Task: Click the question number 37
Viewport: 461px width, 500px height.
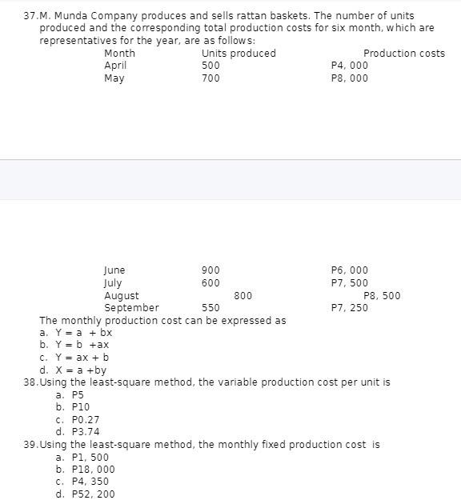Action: (x=32, y=16)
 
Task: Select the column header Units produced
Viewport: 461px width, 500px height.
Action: (x=239, y=54)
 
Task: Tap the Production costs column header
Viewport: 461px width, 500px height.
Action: (x=404, y=54)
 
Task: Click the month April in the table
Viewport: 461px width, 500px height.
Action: (x=115, y=66)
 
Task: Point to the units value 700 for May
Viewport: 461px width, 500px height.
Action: (x=210, y=78)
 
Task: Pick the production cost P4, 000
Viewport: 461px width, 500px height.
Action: (x=350, y=66)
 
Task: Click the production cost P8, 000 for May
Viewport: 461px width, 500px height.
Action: (x=350, y=78)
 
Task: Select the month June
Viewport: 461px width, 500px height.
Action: (x=114, y=270)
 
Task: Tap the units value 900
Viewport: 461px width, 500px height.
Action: (x=210, y=270)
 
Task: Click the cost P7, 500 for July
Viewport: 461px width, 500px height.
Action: (x=350, y=283)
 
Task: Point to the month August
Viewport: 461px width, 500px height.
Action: (x=122, y=296)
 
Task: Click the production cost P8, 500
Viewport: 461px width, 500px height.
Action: (x=382, y=296)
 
